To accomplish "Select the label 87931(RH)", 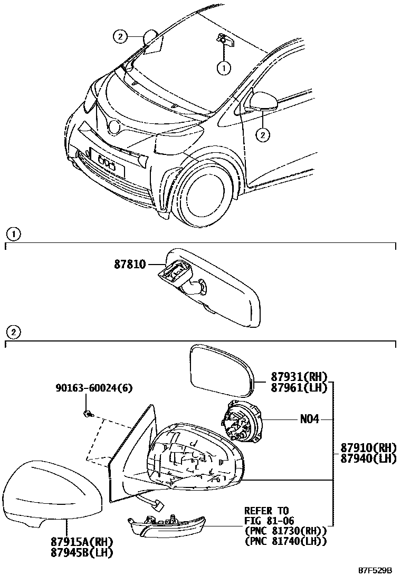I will point(299,377).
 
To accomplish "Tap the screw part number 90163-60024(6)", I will point(94,388).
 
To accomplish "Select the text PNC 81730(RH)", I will point(285,530).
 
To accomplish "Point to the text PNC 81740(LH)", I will point(285,541).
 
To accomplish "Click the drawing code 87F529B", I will point(376,571).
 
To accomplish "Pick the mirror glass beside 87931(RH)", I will point(222,370).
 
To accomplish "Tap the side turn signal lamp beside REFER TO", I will point(166,526).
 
